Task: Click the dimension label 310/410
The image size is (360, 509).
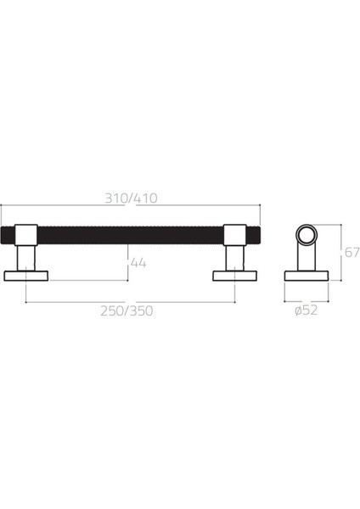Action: [x=131, y=198]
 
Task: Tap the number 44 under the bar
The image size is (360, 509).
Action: [x=138, y=263]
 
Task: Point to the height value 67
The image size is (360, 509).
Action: [x=352, y=252]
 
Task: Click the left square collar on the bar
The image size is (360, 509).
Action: [x=25, y=234]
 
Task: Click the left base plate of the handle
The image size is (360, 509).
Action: [x=25, y=275]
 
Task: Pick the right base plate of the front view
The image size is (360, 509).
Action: [x=234, y=275]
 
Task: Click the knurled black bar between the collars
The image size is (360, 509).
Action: [x=130, y=234]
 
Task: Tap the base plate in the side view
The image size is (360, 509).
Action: [x=306, y=275]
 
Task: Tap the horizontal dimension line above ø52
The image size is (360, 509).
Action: [x=306, y=299]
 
